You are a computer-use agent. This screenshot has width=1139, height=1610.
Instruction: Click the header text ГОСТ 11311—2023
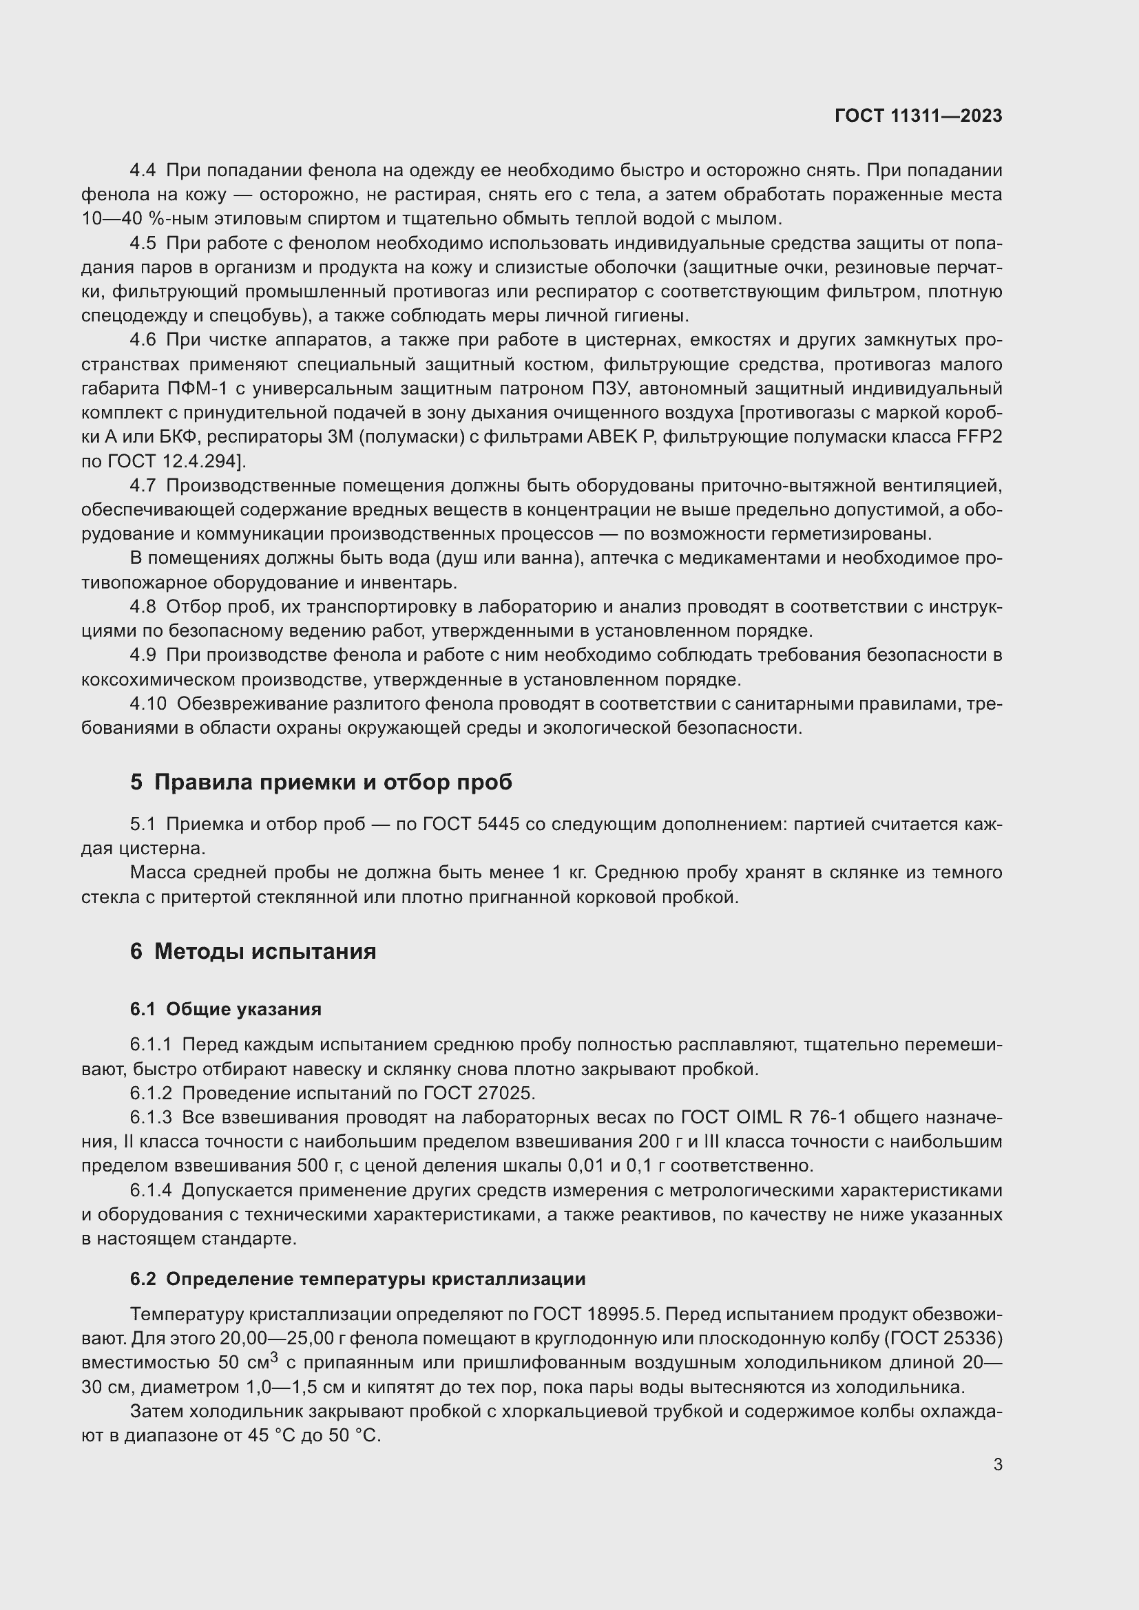click(x=918, y=116)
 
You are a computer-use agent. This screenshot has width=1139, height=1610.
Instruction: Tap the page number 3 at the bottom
click(x=997, y=1464)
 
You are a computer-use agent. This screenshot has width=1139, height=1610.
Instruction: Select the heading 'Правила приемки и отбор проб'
click(x=333, y=782)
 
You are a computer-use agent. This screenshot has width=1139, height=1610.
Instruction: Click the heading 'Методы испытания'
click(x=265, y=951)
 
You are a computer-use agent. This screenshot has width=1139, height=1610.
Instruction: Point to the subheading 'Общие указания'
click(x=243, y=1009)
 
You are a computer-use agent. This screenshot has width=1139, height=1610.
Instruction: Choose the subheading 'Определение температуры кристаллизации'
click(x=375, y=1279)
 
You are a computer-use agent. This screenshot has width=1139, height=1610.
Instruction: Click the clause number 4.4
click(x=143, y=171)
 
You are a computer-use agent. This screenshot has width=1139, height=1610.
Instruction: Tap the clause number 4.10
click(x=148, y=703)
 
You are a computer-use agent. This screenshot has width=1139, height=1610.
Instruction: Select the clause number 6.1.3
click(x=151, y=1117)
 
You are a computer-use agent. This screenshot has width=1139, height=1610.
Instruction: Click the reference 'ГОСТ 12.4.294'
click(x=174, y=461)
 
